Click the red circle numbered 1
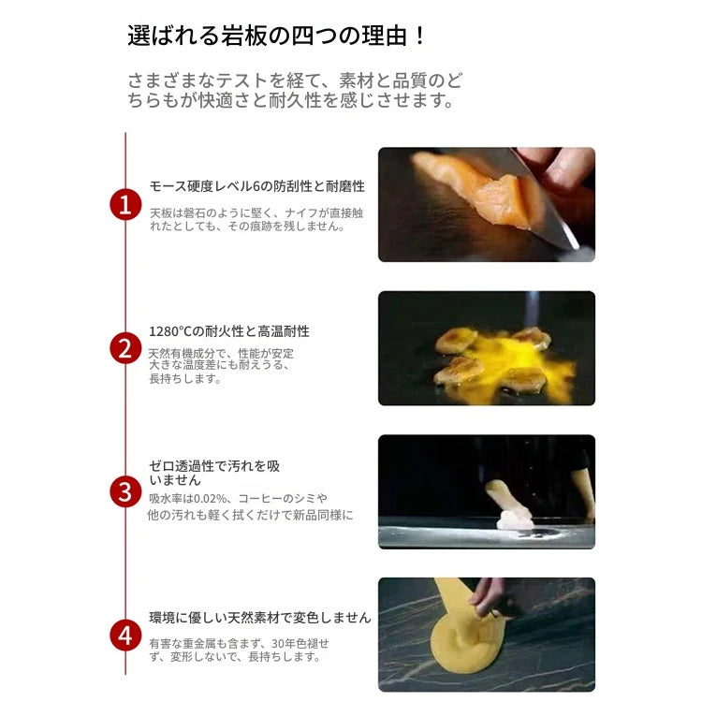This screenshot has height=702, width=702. [x=125, y=205]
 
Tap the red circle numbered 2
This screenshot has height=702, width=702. [x=125, y=348]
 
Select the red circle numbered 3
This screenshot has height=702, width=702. [x=125, y=491]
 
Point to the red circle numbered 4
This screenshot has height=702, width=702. [x=125, y=636]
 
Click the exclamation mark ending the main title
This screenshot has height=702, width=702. [x=419, y=36]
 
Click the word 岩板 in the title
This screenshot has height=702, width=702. [x=243, y=36]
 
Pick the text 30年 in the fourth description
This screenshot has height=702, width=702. [x=284, y=643]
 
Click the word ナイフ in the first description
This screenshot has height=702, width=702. [x=300, y=212]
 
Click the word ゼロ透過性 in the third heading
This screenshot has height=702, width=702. [x=182, y=466]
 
